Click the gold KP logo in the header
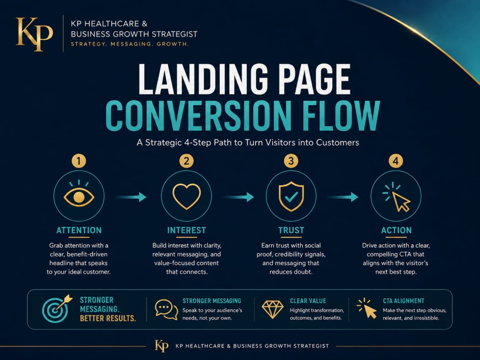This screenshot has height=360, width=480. (x=34, y=34)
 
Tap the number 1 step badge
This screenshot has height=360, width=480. (x=79, y=161)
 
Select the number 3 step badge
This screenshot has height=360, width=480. (x=291, y=161)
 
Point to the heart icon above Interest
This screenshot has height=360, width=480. (x=186, y=196)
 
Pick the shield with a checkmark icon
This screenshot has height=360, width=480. (x=291, y=196)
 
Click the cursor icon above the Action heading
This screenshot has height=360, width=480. (x=396, y=197)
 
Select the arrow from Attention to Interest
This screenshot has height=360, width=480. (x=131, y=197)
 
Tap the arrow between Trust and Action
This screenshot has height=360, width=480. (x=343, y=197)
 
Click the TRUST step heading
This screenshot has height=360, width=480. (x=291, y=230)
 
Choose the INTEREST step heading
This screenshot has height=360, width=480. (x=186, y=230)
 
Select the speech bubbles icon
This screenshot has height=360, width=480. (x=166, y=310)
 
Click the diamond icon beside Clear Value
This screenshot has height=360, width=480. (x=273, y=309)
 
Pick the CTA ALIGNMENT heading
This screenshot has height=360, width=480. (x=404, y=301)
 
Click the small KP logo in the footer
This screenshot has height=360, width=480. (x=161, y=346)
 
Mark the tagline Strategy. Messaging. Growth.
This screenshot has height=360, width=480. (x=130, y=44)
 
